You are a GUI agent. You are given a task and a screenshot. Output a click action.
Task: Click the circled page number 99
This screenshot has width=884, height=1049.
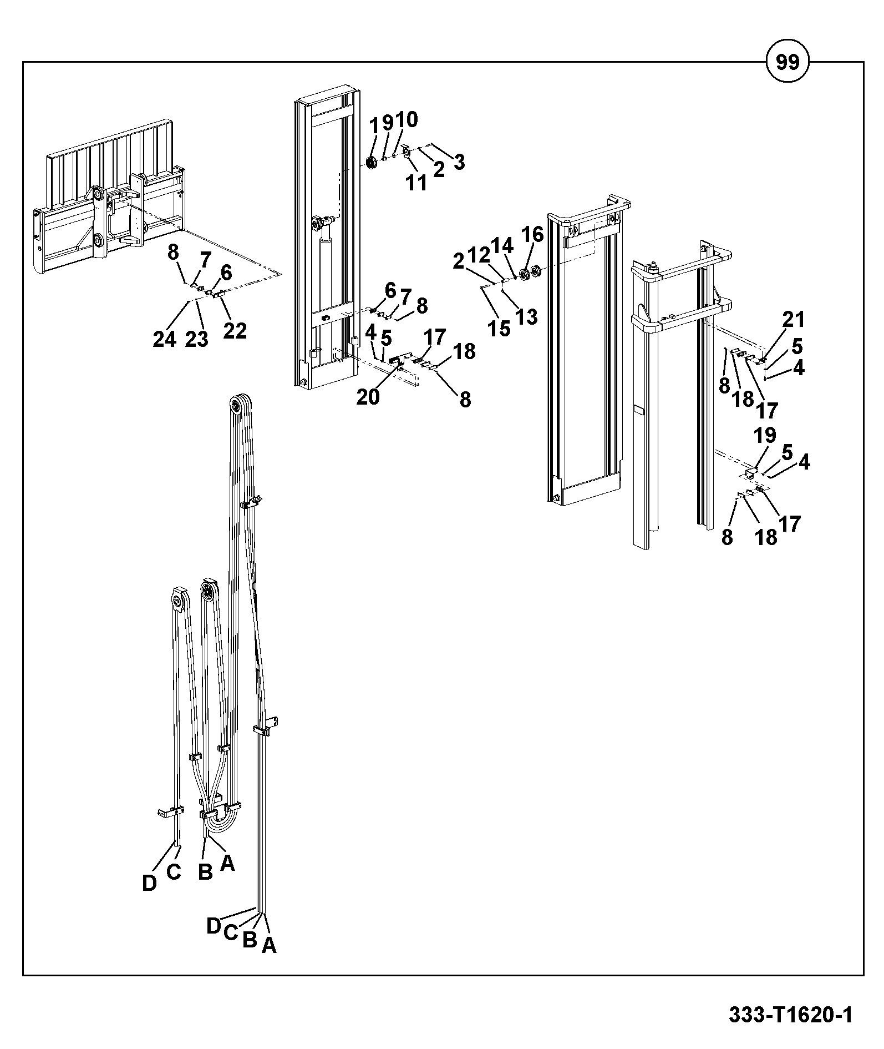coord(787,62)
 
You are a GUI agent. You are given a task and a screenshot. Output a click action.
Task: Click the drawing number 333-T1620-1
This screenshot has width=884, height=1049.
coord(790,1015)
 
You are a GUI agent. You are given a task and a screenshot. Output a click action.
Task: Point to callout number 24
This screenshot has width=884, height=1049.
coord(165,339)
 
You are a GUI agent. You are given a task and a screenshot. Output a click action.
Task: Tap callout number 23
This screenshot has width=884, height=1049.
coord(196,339)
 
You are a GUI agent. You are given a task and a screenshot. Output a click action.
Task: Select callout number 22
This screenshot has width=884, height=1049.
coord(235,331)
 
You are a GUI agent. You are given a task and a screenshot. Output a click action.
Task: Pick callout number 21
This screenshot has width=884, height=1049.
coord(794,319)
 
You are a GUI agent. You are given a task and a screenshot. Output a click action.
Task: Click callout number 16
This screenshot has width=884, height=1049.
coord(534,234)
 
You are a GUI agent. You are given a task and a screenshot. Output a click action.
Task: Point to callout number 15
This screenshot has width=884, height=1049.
coord(499,328)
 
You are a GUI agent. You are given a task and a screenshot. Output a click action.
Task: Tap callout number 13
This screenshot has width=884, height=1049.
coord(526,316)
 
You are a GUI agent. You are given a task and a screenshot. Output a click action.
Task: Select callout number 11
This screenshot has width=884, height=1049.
coord(416,183)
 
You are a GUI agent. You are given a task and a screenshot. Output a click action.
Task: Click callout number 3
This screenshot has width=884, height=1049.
coord(459,162)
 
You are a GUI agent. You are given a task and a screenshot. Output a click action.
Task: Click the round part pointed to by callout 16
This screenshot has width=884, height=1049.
coord(523,274)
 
